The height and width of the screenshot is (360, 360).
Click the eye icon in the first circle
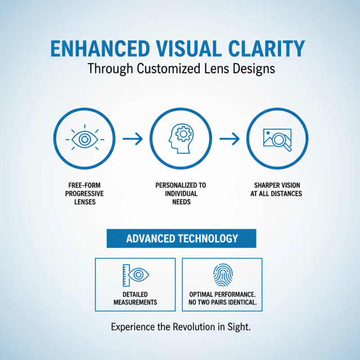click(84, 139)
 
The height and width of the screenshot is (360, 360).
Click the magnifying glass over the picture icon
click(278, 139)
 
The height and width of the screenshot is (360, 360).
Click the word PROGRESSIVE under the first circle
click(84, 193)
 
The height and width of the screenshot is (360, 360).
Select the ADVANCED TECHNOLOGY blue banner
click(181, 238)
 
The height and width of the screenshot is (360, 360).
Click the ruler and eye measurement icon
click(135, 274)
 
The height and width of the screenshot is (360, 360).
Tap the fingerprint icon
click(222, 275)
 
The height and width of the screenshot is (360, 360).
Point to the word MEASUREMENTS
click(135, 302)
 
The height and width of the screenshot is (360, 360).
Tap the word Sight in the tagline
click(239, 327)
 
